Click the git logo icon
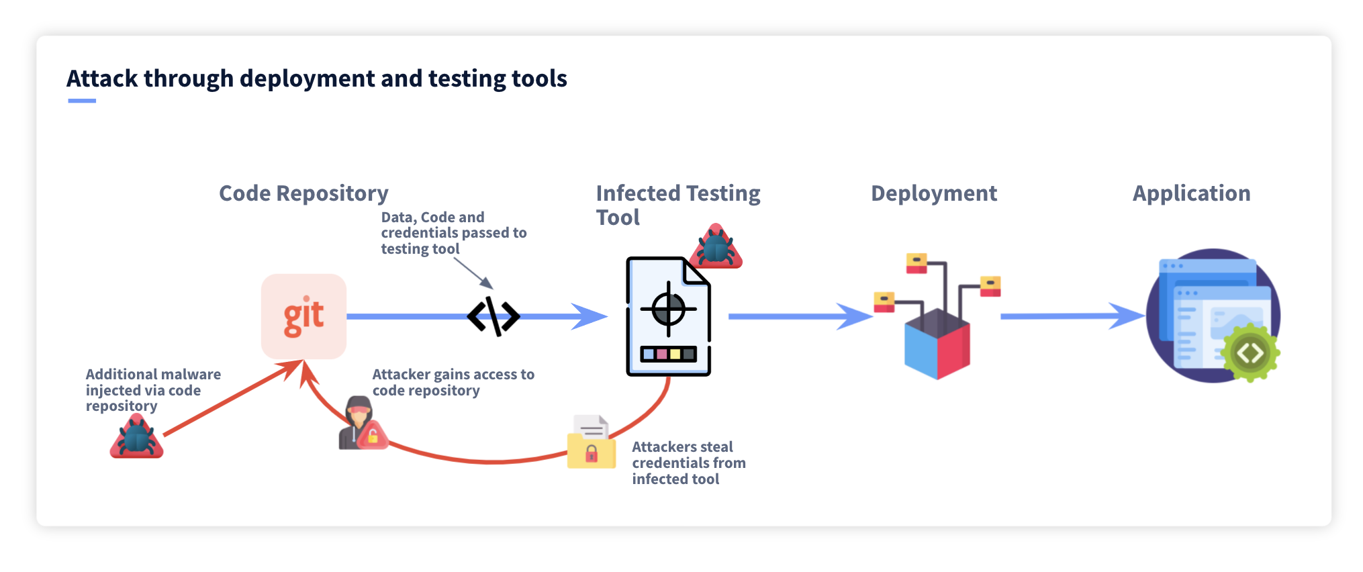(303, 316)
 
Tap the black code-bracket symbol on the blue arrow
(493, 316)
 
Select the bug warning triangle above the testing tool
(717, 248)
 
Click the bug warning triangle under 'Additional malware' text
(137, 438)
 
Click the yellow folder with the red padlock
(591, 449)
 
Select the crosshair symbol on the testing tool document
(668, 309)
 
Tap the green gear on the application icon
(1250, 353)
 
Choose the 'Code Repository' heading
(303, 193)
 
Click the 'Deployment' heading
(933, 193)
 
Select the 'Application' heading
(1191, 193)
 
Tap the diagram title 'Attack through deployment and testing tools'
(316, 79)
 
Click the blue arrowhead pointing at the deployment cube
(856, 316)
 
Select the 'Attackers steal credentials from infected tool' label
(688, 463)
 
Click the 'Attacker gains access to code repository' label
(453, 382)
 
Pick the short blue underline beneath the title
(82, 101)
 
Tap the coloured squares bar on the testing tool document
(668, 354)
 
